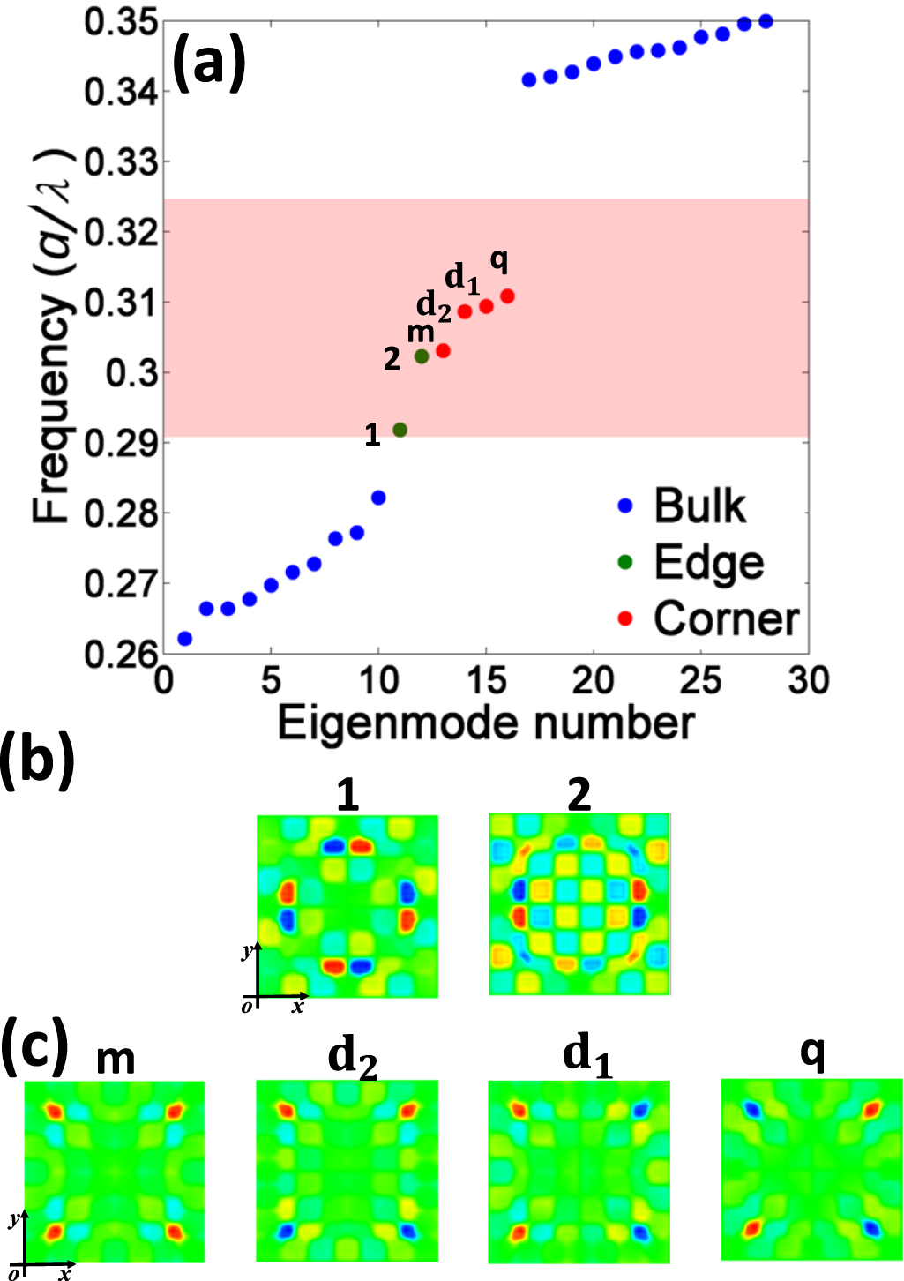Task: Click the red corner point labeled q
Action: (507, 296)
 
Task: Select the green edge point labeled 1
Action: (400, 430)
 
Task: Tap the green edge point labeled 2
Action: (422, 356)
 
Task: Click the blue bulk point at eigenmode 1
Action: (184, 638)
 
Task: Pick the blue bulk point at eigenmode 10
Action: (378, 498)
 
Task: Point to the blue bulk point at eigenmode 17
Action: (529, 80)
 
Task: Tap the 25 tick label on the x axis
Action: (701, 681)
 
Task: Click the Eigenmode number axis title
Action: (486, 723)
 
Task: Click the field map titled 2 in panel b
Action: (579, 904)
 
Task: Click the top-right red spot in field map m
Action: (176, 1111)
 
